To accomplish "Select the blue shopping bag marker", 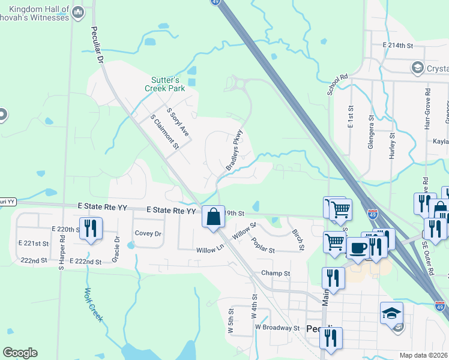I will point(213,217).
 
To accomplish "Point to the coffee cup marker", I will point(358,247).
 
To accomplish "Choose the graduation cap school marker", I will point(391,313).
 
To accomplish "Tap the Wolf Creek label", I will point(93,304).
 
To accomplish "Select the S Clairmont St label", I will point(165,131).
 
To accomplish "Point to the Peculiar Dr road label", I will point(97,45).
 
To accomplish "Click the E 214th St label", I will point(399,46).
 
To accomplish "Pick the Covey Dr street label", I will point(148,233).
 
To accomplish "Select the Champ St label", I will point(276,273).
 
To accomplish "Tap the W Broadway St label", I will point(277,328).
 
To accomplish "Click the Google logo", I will point(20,353).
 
